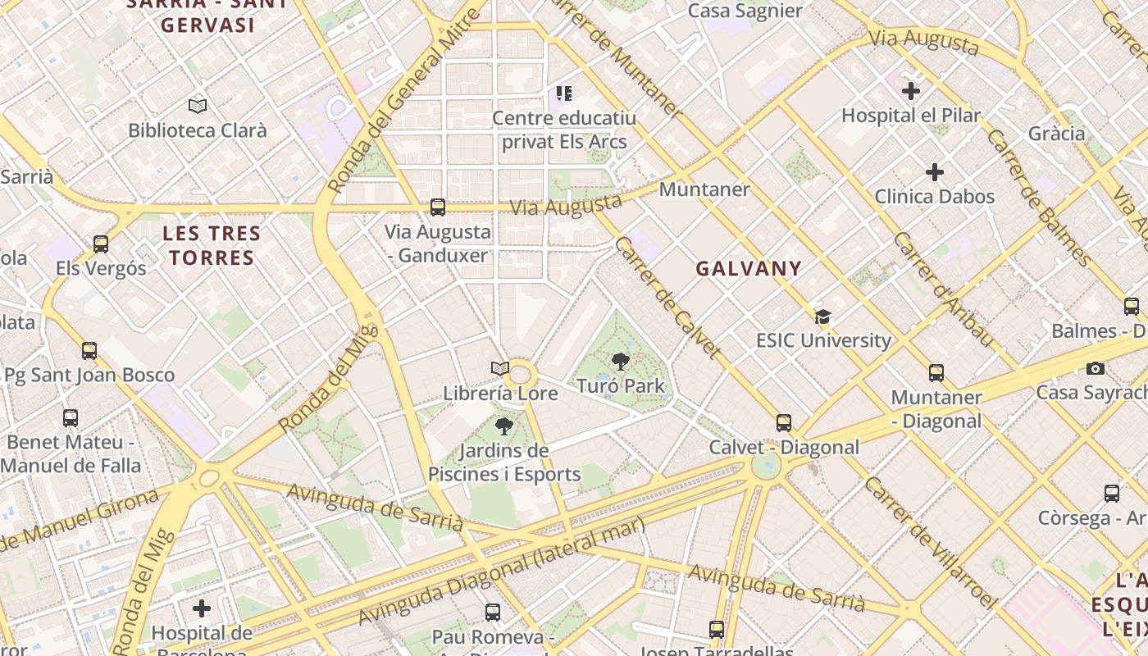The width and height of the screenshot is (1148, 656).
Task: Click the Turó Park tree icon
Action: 621,361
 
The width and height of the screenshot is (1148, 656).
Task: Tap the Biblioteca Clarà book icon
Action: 198,106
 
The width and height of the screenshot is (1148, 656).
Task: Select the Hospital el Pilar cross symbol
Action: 910,91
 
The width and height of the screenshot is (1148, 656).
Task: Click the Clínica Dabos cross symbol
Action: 934,172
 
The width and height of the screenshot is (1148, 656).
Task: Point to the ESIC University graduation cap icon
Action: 822,317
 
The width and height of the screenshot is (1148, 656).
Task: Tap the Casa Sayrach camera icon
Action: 1095,368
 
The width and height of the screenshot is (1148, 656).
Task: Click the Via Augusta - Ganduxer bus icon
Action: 438,207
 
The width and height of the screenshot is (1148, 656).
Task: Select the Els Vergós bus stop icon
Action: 101,244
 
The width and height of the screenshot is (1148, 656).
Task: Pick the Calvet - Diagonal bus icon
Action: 784,423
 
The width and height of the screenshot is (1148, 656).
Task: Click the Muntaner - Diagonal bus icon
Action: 936,373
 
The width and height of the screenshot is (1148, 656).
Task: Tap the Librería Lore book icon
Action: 500,369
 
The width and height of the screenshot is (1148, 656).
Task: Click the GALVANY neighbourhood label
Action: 749,268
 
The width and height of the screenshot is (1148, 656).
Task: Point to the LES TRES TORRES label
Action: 212,246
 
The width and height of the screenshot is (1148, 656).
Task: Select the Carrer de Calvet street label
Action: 667,297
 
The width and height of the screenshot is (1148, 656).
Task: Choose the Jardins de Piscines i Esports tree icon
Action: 504,426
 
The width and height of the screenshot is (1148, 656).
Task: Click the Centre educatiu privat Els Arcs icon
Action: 563,93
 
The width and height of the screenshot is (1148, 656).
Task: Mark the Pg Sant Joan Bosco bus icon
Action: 89,351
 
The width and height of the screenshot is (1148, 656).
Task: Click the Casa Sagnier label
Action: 745,11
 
